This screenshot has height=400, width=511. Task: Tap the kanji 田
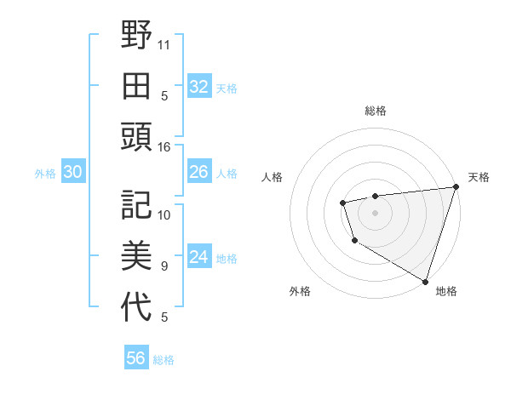(136, 85)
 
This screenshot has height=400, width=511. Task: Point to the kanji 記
(136, 204)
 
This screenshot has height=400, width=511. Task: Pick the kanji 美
(136, 255)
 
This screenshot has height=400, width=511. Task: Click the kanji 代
(136, 306)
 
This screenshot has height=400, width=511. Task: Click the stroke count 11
(164, 43)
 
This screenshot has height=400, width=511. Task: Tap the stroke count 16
(164, 147)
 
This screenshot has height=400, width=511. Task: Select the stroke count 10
(164, 214)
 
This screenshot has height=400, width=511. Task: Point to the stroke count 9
(164, 266)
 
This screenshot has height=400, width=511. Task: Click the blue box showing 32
(198, 86)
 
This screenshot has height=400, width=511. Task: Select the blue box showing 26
(198, 172)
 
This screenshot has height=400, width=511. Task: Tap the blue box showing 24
(198, 257)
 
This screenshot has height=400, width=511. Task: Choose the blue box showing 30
(72, 172)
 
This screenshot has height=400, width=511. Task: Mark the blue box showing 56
(136, 358)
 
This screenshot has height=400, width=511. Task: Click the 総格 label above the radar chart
(375, 111)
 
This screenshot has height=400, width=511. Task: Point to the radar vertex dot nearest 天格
(456, 188)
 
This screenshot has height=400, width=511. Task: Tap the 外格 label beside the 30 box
(45, 174)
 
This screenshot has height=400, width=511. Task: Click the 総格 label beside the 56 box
(164, 360)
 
